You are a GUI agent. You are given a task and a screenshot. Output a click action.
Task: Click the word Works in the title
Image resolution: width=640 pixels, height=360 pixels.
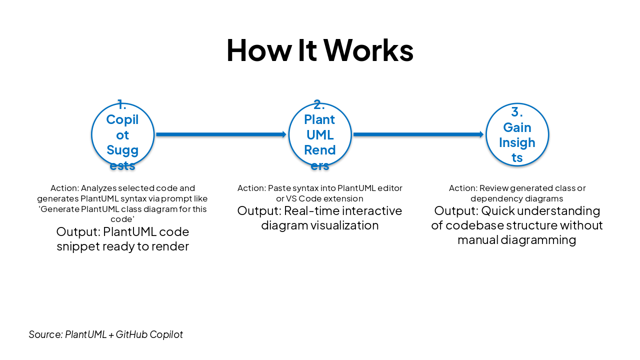click(x=368, y=50)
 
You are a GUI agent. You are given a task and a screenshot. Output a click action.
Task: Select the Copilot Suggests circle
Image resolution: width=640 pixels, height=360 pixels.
click(x=122, y=134)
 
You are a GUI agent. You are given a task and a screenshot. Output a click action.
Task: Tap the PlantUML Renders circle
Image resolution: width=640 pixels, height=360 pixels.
click(x=320, y=134)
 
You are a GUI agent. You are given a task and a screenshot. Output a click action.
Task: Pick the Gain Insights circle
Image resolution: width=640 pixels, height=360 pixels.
click(x=517, y=134)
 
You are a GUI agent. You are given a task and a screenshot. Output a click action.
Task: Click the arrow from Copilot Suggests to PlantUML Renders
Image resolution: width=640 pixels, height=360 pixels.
click(x=220, y=134)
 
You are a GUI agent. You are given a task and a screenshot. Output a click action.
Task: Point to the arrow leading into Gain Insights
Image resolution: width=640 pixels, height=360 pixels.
click(x=418, y=134)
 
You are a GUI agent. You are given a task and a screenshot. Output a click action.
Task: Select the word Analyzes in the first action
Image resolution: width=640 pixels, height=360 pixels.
click(x=98, y=188)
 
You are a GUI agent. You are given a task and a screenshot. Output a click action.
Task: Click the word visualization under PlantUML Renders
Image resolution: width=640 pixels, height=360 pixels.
click(x=344, y=225)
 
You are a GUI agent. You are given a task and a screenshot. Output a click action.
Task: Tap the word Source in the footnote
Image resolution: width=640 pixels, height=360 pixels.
click(x=45, y=334)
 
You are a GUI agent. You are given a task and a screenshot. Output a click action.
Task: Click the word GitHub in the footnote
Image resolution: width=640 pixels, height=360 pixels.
click(x=131, y=334)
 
